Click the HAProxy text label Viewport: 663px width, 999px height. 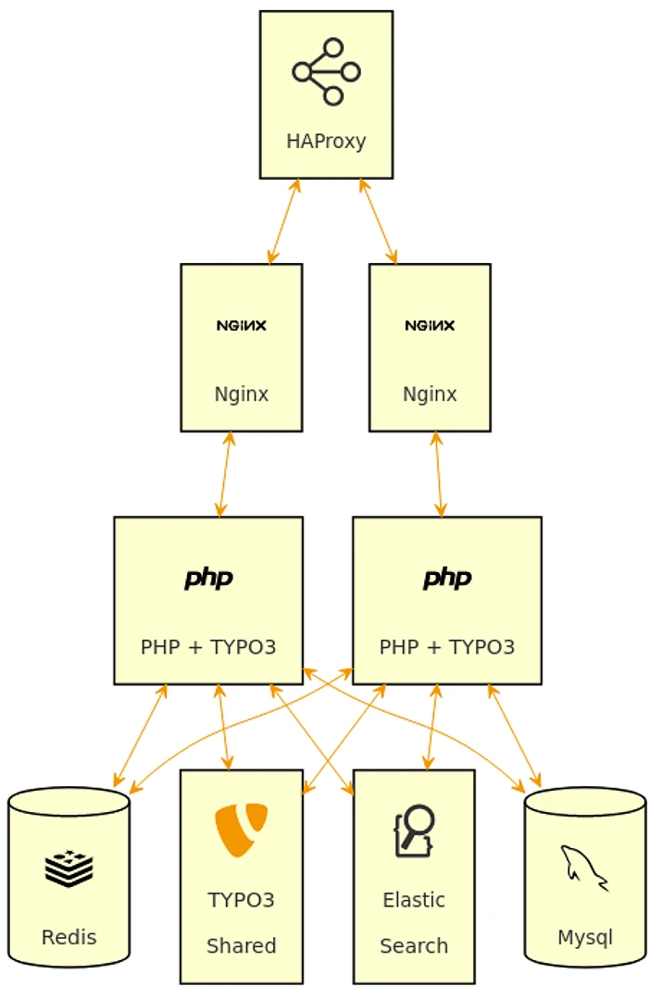coord(326,142)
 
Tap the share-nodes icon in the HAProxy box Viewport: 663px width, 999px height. coord(326,71)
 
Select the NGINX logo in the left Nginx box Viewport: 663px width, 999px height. coord(242,326)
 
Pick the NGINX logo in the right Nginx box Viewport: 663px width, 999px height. coord(430,326)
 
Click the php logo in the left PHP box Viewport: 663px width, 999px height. coord(208,579)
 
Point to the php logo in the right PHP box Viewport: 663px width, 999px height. coord(447,579)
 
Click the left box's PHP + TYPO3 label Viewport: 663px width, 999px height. coord(208,647)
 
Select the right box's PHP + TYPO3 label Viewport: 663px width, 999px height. coord(447,647)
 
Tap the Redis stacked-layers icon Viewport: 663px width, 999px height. coord(69,868)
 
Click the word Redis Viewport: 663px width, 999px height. coord(69,937)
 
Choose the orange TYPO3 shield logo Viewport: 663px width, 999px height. coord(242,830)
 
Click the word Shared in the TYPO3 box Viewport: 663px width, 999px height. coord(242,946)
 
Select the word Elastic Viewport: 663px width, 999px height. coord(414,900)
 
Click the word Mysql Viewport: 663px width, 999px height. coord(584,937)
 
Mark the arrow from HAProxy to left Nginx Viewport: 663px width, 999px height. coord(284,221)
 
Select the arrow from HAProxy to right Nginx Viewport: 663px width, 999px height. coord(378,221)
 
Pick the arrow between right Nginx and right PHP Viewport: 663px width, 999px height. coord(438,474)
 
